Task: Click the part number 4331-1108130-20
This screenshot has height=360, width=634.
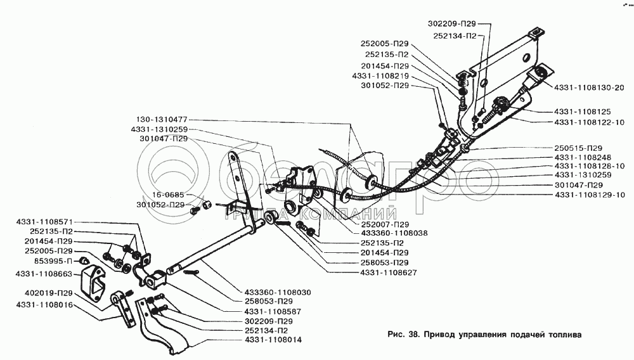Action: [x=589, y=87]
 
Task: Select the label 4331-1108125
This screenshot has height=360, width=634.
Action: [x=582, y=112]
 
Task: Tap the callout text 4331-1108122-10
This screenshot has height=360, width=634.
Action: [x=589, y=122]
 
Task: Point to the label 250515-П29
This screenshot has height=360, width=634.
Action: [x=578, y=148]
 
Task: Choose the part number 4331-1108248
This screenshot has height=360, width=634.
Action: [x=583, y=157]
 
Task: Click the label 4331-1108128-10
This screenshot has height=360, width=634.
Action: [x=589, y=166]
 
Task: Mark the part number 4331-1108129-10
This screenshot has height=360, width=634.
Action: [x=589, y=195]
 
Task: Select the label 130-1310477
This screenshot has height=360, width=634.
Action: [x=162, y=120]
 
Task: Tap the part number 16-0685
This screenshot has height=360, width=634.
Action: [x=168, y=195]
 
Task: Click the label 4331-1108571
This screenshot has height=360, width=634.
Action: [x=44, y=221]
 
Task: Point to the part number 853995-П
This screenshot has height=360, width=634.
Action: [x=53, y=260]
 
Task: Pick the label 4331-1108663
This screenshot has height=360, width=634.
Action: [x=44, y=274]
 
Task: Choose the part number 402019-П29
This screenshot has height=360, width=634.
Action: [x=49, y=293]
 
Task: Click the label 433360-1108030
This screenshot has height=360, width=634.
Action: [x=278, y=292]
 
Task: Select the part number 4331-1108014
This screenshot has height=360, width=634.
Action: [x=273, y=340]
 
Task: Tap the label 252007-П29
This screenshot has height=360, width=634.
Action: [x=385, y=224]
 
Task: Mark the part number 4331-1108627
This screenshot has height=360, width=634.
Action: [x=389, y=273]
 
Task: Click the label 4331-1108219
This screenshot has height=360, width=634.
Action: [x=380, y=76]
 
